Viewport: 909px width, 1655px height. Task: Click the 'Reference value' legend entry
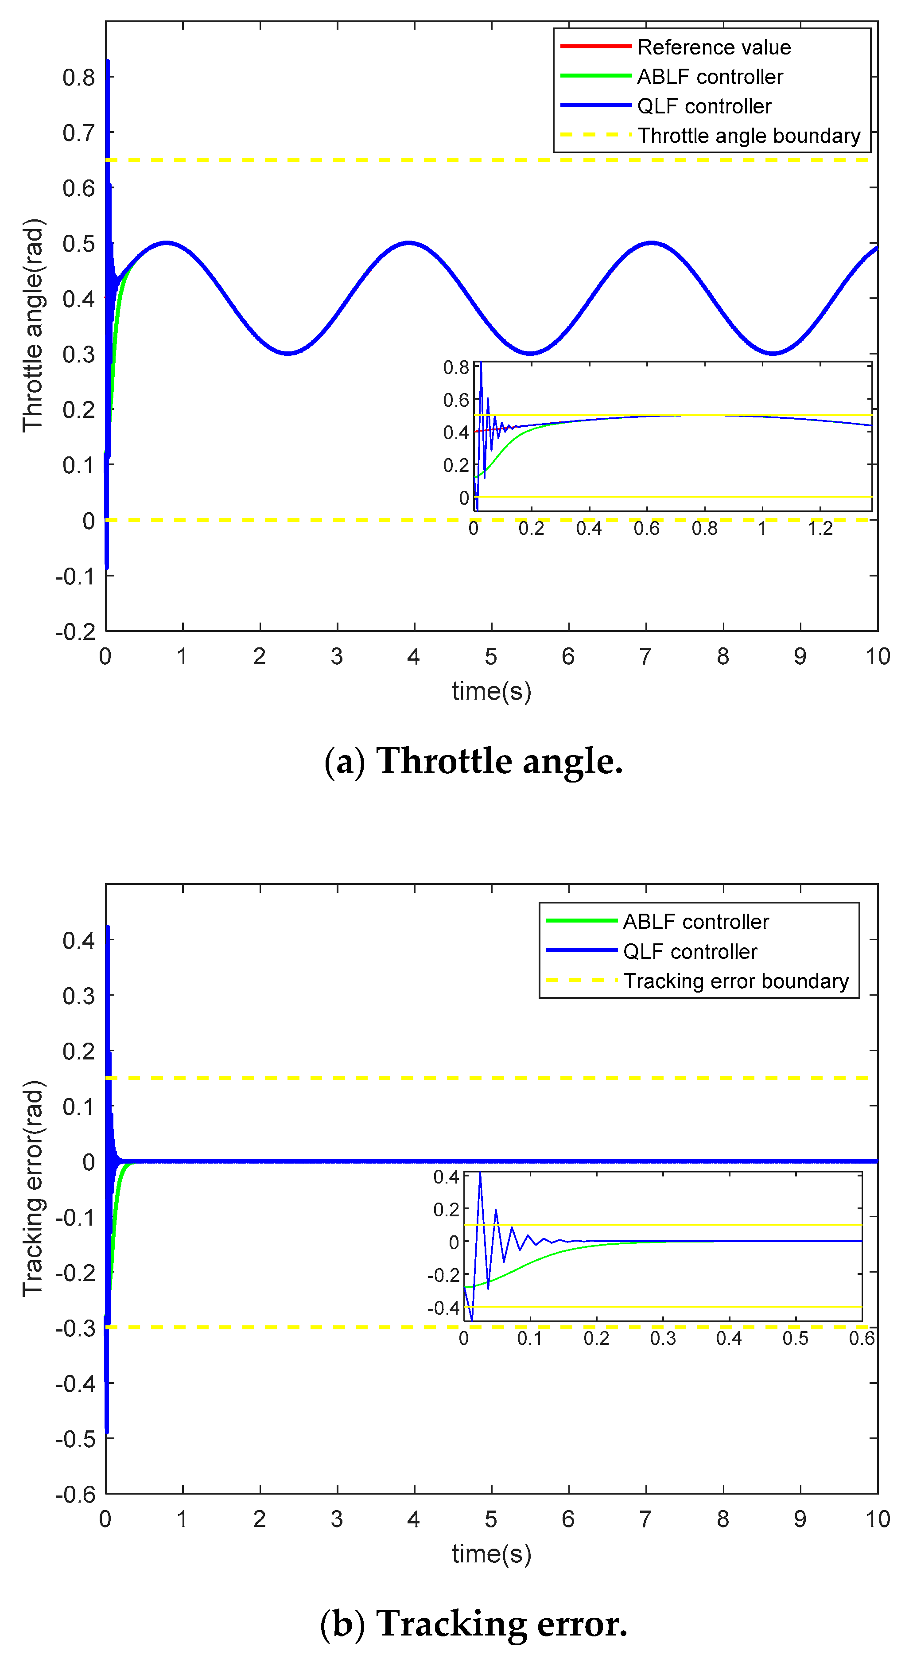pos(713,47)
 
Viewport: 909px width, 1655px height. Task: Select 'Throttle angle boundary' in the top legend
pos(748,136)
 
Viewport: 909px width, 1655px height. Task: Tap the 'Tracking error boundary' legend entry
pos(735,981)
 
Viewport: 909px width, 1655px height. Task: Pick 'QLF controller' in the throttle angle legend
pos(703,106)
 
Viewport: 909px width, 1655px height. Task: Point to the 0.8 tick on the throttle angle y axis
pos(78,78)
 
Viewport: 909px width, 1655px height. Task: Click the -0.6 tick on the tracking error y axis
pos(75,1495)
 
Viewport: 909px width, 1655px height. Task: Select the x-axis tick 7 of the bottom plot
pos(645,1519)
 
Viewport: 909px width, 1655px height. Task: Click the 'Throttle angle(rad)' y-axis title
pos(33,325)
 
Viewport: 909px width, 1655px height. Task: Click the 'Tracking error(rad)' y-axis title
pos(33,1188)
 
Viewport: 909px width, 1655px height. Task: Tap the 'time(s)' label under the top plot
pos(491,691)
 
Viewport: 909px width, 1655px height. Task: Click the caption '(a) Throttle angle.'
pos(474,761)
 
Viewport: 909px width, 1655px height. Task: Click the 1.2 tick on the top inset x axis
pos(820,529)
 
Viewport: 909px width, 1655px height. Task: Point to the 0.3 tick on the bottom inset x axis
pos(662,1338)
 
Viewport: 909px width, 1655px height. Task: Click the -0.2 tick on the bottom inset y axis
pos(444,1275)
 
